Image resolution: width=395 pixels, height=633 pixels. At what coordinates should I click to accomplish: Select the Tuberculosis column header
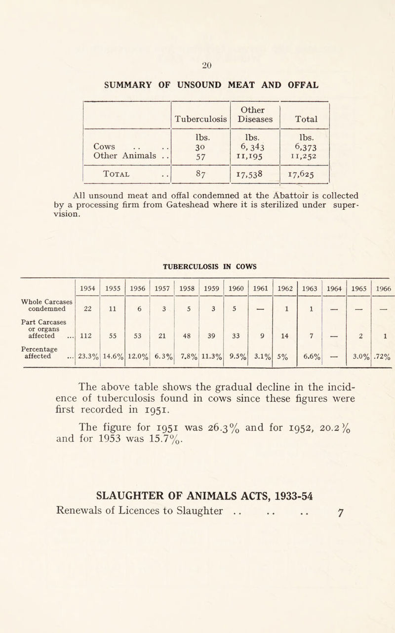(x=200, y=119)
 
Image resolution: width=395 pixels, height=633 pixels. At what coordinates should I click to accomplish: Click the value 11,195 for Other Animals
(x=255, y=157)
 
